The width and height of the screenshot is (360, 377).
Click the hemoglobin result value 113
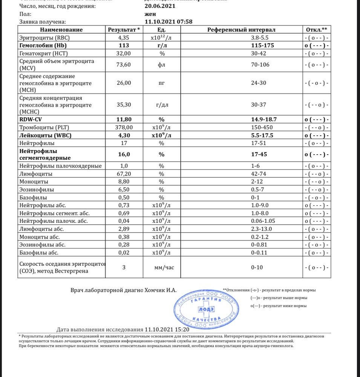pyautogui.click(x=124, y=45)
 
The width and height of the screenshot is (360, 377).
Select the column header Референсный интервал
pyautogui.click(x=241, y=30)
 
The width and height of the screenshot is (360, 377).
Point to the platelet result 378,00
pyautogui.click(x=124, y=127)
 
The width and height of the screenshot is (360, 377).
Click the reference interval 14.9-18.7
pyautogui.click(x=260, y=120)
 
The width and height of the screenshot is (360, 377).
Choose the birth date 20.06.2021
pyautogui.click(x=161, y=6)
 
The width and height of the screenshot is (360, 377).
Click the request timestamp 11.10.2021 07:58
pyautogui.click(x=169, y=22)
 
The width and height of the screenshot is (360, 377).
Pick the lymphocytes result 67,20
pyautogui.click(x=124, y=174)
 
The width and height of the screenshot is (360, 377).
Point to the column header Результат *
pyautogui.click(x=124, y=30)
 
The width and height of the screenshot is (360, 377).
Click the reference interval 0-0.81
pyautogui.click(x=260, y=245)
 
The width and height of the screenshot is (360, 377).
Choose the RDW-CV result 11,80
pyautogui.click(x=124, y=120)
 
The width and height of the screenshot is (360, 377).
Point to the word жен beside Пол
pyautogui.click(x=150, y=14)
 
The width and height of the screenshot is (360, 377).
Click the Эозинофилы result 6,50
pyautogui.click(x=124, y=190)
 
